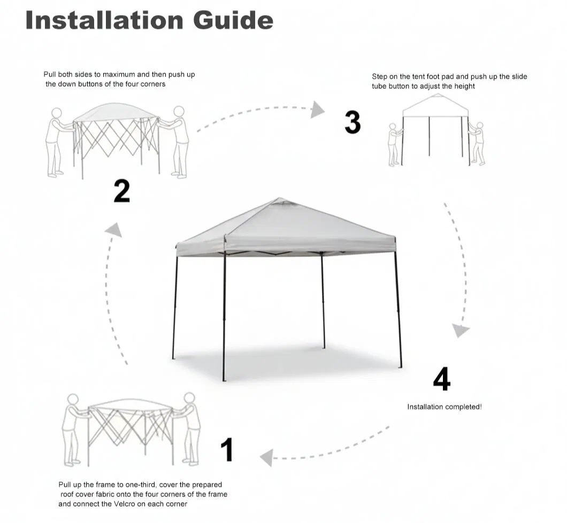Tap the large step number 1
(x=227, y=449)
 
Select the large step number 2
(x=121, y=191)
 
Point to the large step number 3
(x=353, y=122)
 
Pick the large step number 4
(x=441, y=379)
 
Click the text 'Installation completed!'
(x=445, y=407)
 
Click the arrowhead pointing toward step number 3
(x=318, y=109)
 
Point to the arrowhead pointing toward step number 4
(x=461, y=330)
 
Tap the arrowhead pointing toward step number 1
(x=266, y=458)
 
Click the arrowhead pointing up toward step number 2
(x=114, y=230)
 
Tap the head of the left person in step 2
(x=57, y=113)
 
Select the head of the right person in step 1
(x=189, y=398)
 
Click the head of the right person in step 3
(x=479, y=126)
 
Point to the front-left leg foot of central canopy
(x=224, y=379)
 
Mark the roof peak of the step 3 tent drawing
(x=438, y=95)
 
